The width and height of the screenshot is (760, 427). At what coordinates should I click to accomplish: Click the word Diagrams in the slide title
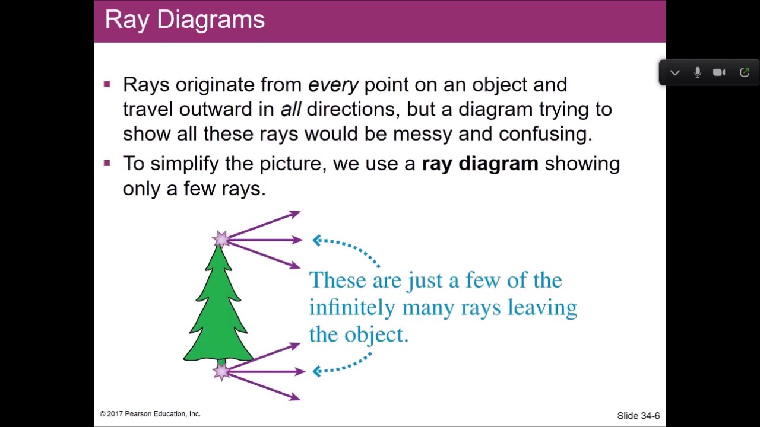(211, 20)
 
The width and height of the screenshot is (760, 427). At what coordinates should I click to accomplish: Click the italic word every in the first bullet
(333, 85)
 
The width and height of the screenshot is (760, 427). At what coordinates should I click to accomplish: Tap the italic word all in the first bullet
(290, 109)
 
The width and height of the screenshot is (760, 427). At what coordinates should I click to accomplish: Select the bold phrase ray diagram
(480, 164)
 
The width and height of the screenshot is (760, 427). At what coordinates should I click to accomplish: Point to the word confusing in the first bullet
(544, 134)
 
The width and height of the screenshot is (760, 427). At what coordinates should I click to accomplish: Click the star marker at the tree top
(221, 240)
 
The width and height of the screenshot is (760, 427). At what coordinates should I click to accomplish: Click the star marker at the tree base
(221, 372)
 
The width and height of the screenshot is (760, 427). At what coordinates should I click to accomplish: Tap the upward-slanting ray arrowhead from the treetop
(295, 213)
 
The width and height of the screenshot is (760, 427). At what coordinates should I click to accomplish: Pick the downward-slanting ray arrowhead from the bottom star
(295, 397)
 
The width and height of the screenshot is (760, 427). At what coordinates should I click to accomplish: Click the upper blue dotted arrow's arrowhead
(317, 240)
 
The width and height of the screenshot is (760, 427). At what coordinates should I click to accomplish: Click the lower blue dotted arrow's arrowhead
(317, 371)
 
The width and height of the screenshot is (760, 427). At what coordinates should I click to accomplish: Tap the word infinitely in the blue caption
(351, 308)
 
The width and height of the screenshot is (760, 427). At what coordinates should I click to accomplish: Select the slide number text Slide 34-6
(638, 416)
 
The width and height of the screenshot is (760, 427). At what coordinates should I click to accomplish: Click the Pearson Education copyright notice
(150, 414)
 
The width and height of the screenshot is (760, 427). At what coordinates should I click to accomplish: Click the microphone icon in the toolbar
(698, 72)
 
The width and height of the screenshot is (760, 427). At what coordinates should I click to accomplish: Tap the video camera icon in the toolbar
(719, 72)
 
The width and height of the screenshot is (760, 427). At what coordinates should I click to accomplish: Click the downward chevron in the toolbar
(675, 72)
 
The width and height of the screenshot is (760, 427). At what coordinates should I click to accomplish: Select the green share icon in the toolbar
(745, 72)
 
